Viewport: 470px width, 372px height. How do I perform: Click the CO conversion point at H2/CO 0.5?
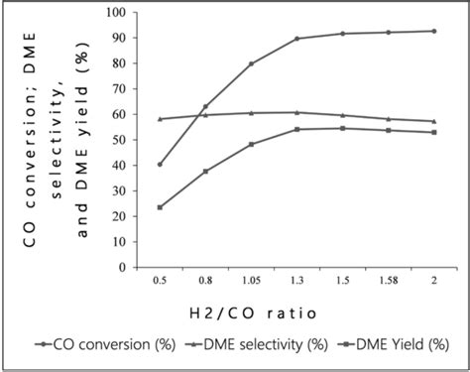tap(160, 165)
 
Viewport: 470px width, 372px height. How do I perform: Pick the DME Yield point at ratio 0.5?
tap(160, 207)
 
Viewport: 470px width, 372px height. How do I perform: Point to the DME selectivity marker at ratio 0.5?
tap(160, 119)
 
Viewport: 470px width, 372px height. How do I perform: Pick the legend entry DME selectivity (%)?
tap(245, 346)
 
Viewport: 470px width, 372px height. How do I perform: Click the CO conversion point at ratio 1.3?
tap(296, 39)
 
